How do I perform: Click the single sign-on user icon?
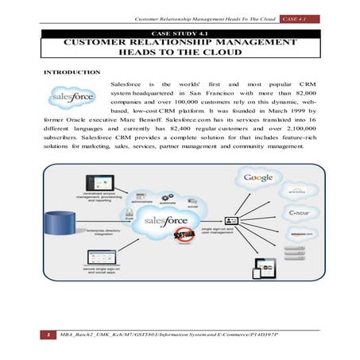coord(231,220)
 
